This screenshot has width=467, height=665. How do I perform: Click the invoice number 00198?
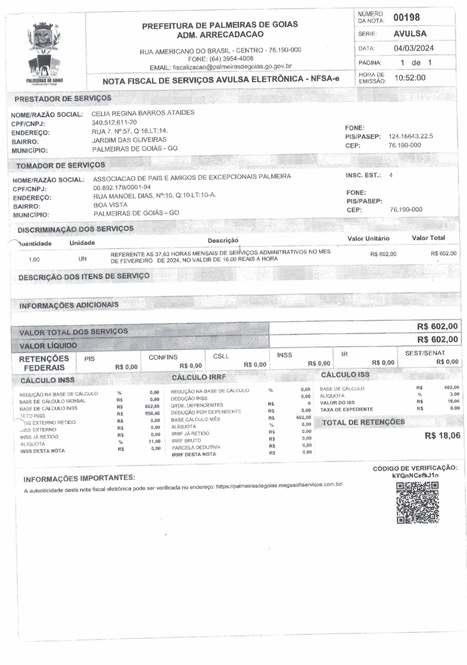point(407,17)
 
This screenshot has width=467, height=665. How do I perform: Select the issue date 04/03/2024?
point(414,48)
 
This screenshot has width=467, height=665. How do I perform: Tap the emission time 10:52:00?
point(410,78)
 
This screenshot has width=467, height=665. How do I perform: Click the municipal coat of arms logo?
point(44,52)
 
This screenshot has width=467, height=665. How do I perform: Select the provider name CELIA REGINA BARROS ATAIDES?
point(143,113)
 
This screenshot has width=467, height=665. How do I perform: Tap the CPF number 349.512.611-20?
point(114,122)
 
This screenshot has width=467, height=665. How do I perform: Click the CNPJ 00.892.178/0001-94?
point(122,187)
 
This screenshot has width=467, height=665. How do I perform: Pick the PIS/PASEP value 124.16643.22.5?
point(410,136)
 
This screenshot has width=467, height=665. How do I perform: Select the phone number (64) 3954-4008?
point(231,58)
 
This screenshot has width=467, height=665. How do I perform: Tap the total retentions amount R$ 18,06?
point(442,436)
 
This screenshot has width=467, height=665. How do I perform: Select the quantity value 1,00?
point(34,260)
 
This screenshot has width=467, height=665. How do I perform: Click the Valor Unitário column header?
point(368,238)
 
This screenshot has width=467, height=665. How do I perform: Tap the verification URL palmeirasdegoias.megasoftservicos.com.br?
point(279,485)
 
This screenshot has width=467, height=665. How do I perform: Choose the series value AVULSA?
point(410,34)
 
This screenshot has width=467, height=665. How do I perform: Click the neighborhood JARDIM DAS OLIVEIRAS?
point(129,140)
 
